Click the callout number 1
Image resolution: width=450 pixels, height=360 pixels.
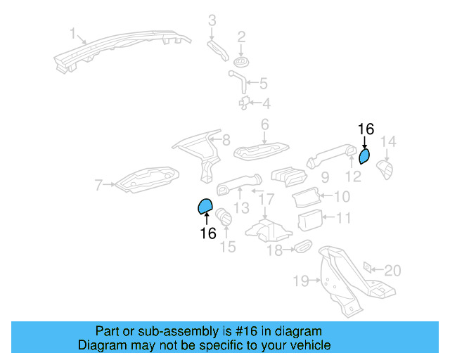click(72, 33)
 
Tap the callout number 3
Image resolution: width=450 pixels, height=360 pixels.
click(212, 20)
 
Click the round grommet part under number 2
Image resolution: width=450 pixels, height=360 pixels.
click(240, 63)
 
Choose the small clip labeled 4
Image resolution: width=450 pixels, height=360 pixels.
click(245, 103)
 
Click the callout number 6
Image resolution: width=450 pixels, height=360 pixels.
click(265, 125)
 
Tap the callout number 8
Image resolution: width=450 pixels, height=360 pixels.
click(225, 140)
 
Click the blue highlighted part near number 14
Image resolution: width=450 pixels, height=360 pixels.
click(364, 155)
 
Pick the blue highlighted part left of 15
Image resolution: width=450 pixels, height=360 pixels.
click(205, 206)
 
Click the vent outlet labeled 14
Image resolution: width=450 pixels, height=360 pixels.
click(386, 169)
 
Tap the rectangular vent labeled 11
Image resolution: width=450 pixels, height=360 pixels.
click(309, 220)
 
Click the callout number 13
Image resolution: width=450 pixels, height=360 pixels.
click(241, 208)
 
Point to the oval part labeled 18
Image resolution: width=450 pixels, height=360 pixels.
click(302, 246)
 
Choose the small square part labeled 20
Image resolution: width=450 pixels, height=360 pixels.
click(367, 268)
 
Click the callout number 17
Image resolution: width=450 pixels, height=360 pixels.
click(265, 201)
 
